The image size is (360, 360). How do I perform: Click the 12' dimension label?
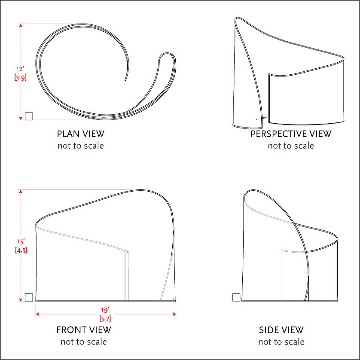click(21, 69)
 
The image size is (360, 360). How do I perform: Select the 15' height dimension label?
click(21, 241)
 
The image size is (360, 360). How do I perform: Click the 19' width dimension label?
click(105, 310)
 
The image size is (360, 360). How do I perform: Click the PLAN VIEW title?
click(81, 134)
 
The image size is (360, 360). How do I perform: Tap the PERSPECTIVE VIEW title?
click(291, 134)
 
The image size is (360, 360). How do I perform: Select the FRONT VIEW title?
click(84, 330)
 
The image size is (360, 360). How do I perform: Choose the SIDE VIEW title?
click(281, 330)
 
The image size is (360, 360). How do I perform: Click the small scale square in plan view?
click(29, 116)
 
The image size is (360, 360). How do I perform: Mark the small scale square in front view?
click(29, 297)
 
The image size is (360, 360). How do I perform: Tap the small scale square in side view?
click(236, 297)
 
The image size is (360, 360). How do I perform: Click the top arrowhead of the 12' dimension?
click(21, 25)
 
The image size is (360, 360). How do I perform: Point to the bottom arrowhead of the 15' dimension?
click(21, 299)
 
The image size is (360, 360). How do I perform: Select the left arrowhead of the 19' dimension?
click(37, 314)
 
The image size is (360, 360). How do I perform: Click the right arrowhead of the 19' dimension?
click(174, 314)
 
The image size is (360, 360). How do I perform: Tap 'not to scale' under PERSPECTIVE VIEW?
click(291, 146)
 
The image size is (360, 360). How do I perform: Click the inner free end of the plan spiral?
click(125, 80)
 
